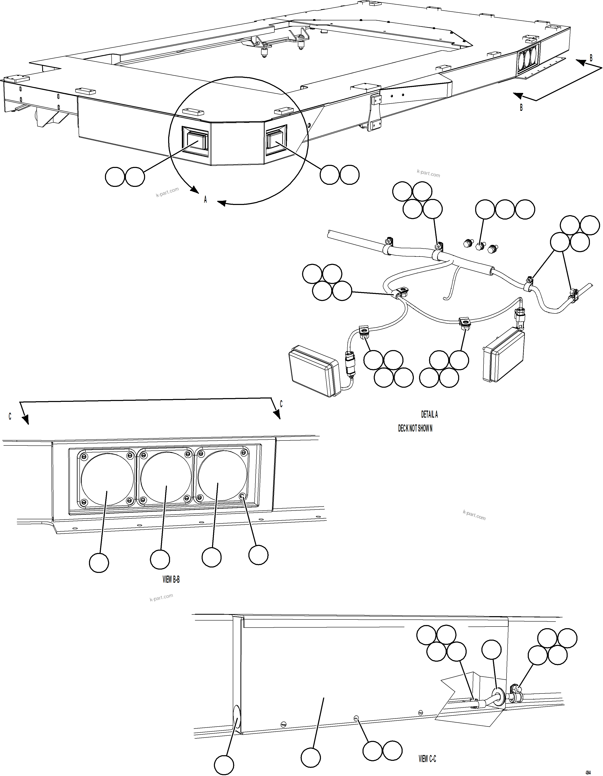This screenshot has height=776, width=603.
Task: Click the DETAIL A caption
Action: pyautogui.click(x=429, y=414)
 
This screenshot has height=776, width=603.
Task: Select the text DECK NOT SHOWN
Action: pyautogui.click(x=415, y=428)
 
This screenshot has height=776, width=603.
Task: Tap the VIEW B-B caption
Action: pyautogui.click(x=171, y=580)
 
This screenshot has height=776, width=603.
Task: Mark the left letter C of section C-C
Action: pyautogui.click(x=10, y=416)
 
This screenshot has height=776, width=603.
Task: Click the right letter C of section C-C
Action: pyautogui.click(x=281, y=404)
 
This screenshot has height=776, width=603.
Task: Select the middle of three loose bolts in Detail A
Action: pyautogui.click(x=479, y=246)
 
